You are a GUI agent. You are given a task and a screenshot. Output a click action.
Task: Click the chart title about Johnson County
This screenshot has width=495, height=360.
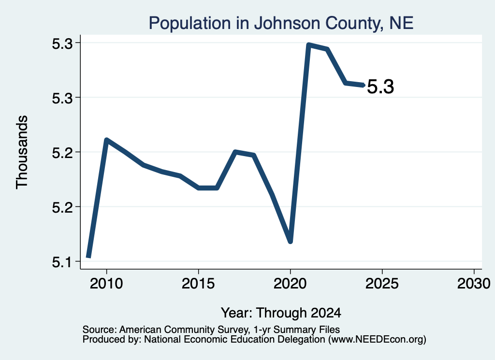[281, 23]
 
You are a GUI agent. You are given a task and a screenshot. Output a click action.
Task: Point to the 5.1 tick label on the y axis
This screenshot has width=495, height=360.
[62, 262]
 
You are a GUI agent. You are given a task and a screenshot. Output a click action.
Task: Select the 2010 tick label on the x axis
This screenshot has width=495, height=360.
[106, 284]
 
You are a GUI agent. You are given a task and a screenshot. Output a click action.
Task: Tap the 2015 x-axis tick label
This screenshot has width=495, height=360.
[198, 284]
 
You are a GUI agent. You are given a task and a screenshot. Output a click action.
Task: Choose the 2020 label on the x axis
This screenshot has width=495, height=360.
[290, 284]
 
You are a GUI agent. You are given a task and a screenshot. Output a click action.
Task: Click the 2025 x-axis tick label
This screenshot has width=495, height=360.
[382, 284]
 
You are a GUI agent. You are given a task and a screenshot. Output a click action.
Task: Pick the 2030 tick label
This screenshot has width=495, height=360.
[474, 284]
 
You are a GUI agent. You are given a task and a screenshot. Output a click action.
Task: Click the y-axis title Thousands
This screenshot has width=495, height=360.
[22, 152]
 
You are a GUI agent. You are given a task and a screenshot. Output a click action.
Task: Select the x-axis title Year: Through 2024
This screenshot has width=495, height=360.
[281, 313]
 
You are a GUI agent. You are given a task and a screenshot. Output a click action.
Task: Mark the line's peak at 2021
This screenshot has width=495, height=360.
[309, 45]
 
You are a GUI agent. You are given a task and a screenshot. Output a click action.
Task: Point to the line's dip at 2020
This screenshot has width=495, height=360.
[291, 241]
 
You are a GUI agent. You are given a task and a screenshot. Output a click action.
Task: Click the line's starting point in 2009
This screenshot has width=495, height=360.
[89, 257]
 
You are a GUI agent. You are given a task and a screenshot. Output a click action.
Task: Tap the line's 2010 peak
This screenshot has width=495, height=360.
[106, 140]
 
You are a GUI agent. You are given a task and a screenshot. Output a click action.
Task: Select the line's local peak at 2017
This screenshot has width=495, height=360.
[235, 152]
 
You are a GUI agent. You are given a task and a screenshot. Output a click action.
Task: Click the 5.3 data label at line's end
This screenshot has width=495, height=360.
[381, 87]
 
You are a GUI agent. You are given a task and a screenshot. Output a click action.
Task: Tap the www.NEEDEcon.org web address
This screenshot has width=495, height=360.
[377, 340]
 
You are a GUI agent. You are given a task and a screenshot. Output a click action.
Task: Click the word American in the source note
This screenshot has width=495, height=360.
[141, 330]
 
